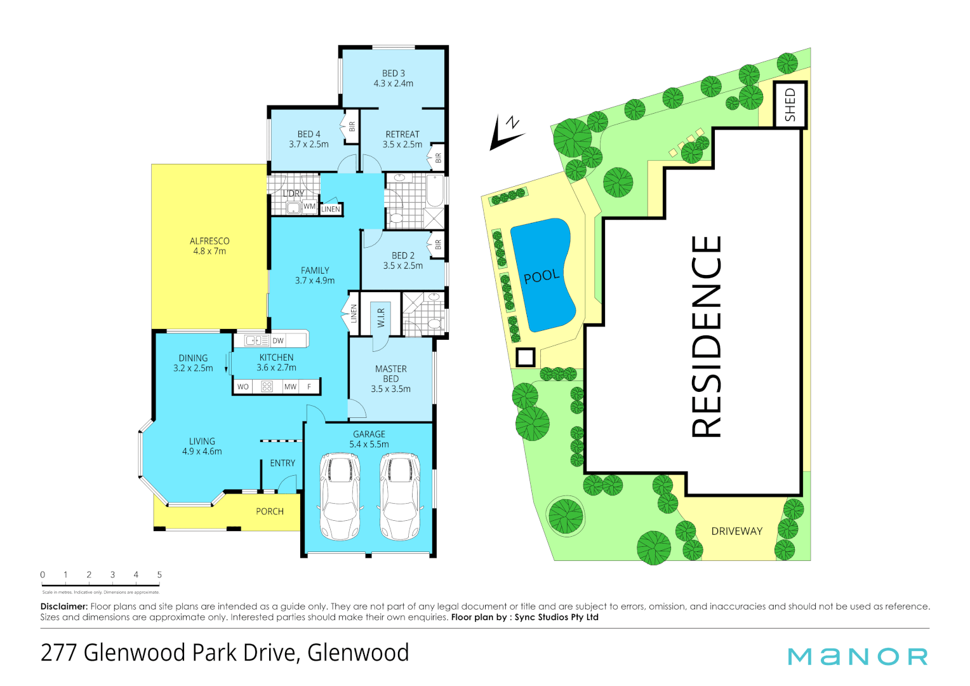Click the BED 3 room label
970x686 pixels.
[393, 74]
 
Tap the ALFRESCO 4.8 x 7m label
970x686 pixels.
[209, 246]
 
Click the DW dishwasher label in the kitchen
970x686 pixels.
[278, 340]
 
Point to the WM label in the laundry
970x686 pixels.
[309, 206]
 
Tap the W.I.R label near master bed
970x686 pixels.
[381, 318]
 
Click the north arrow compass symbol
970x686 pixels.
[506, 132]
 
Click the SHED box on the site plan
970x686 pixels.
[790, 105]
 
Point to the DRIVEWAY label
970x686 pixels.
[736, 531]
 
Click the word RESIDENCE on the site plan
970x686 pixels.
[707, 337]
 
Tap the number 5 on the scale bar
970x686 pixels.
[159, 575]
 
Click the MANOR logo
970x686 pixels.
[858, 657]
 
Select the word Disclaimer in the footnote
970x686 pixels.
[64, 607]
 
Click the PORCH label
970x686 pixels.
[270, 511]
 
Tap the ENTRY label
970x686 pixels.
[282, 463]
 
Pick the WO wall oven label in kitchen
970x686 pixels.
[243, 386]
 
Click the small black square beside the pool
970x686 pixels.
[525, 358]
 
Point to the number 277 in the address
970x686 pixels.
[58, 653]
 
